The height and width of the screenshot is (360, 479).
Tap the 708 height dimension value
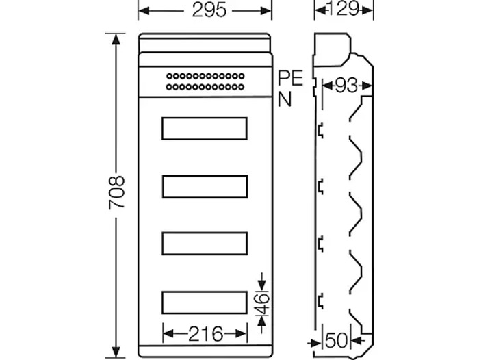[117, 192]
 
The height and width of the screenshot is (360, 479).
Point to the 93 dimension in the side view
[346, 86]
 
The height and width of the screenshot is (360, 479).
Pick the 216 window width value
[205, 334]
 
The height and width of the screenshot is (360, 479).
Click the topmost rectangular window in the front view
[205, 128]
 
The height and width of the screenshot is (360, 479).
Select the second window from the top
[205, 186]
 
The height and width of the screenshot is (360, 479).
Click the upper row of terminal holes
[205, 75]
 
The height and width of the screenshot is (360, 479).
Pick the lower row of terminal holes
[205, 87]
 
